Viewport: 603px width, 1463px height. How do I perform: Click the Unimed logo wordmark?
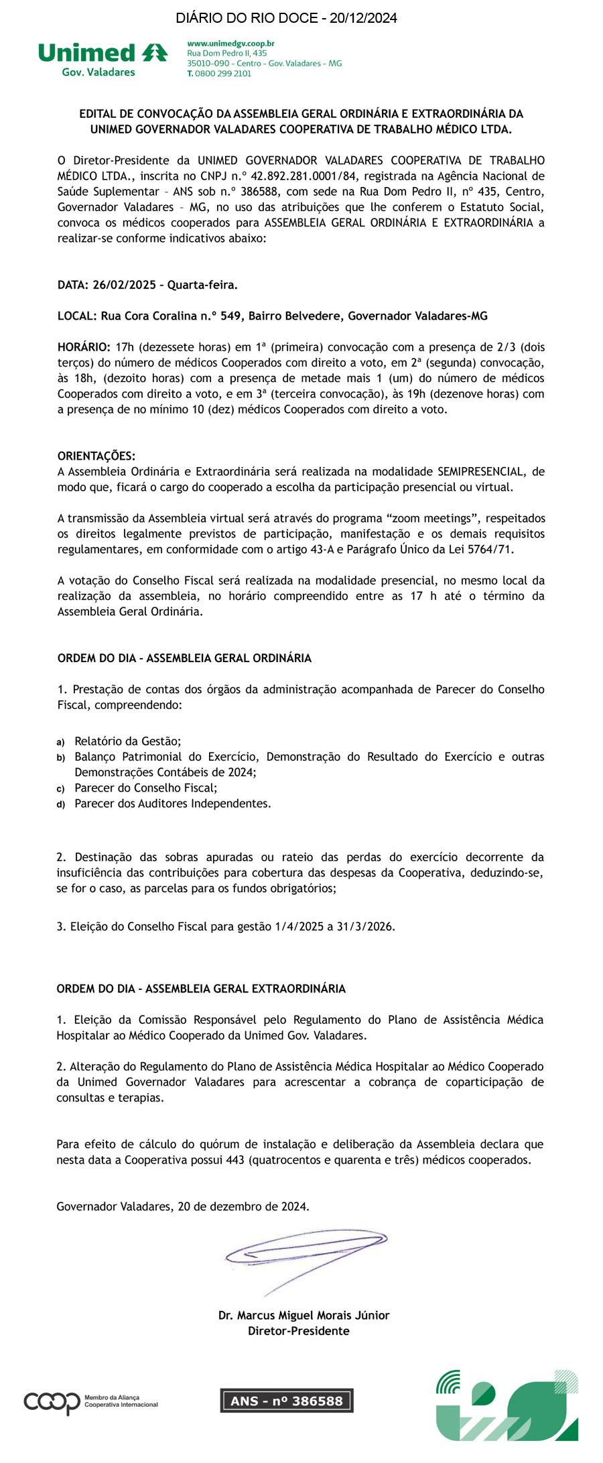pyautogui.click(x=87, y=53)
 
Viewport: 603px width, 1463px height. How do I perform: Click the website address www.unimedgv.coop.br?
pyautogui.click(x=230, y=44)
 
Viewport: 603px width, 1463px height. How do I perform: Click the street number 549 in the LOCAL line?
pyautogui.click(x=230, y=316)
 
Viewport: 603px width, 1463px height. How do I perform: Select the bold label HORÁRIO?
pyautogui.click(x=84, y=347)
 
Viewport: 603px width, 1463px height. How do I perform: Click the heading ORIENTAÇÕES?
pyautogui.click(x=96, y=456)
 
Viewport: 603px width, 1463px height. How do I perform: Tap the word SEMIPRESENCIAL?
pyautogui.click(x=481, y=472)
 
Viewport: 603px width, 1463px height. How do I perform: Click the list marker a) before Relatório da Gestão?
pyautogui.click(x=60, y=742)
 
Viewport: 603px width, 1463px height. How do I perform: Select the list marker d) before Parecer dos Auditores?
pyautogui.click(x=60, y=804)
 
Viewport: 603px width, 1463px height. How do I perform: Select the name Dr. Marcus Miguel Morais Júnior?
pyautogui.click(x=304, y=1316)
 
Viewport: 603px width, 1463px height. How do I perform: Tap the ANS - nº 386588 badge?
pyautogui.click(x=286, y=1401)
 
